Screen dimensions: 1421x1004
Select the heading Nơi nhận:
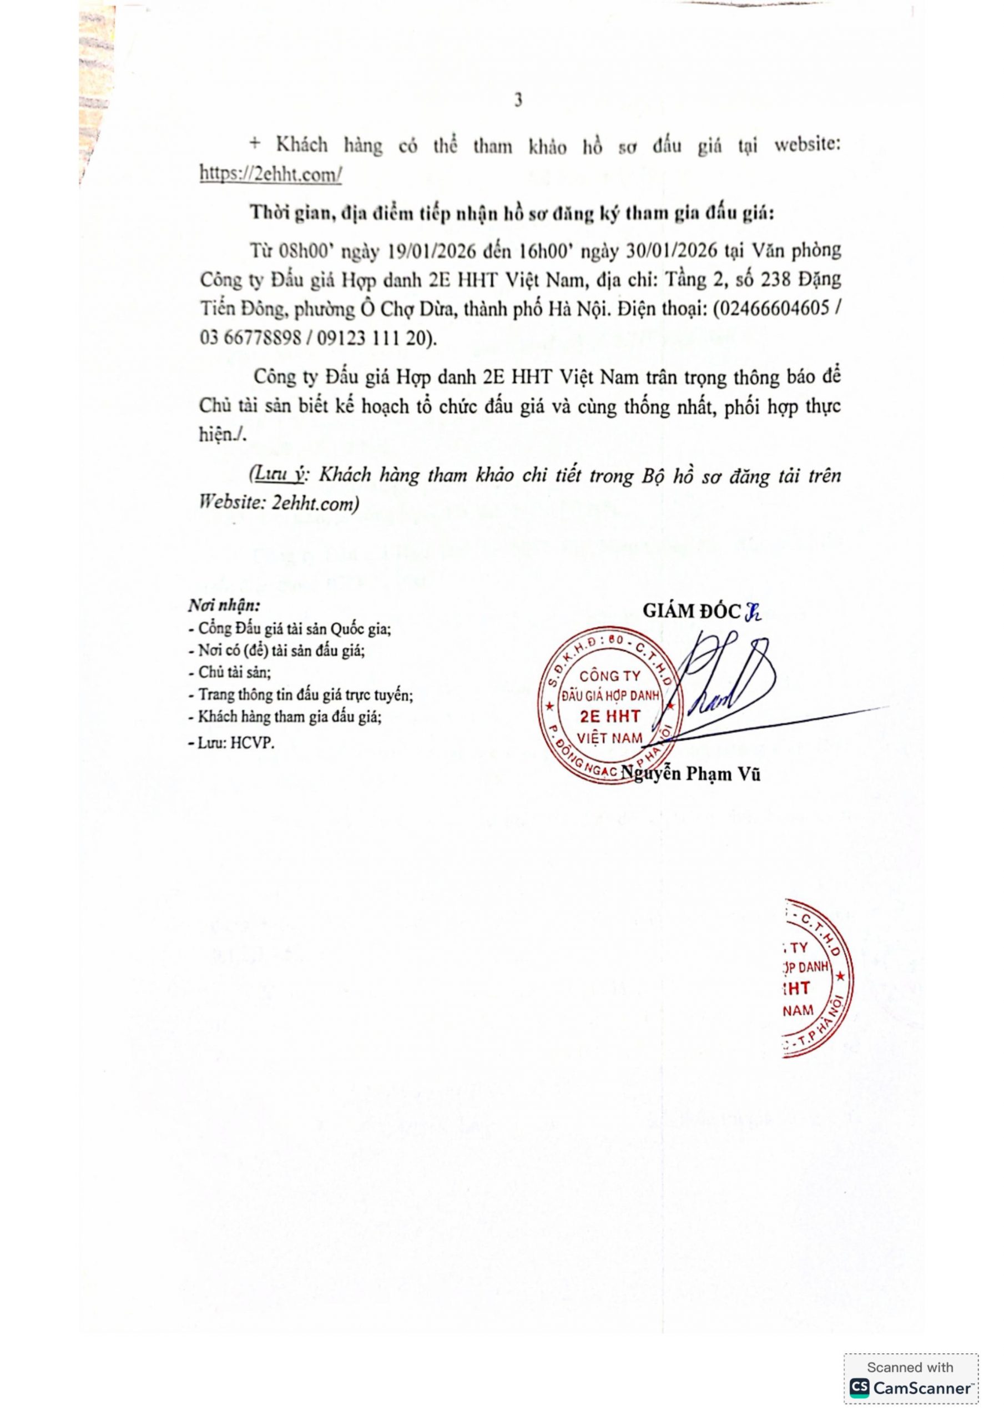224,604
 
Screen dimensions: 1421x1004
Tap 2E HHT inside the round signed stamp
610,717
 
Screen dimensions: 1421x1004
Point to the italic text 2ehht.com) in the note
315,504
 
